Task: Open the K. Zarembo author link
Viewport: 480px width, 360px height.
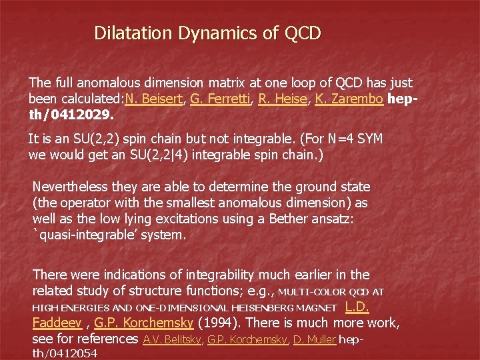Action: click(x=350, y=100)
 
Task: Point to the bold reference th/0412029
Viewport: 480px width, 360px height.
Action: click(x=71, y=115)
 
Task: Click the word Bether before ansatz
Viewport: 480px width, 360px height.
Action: click(x=290, y=219)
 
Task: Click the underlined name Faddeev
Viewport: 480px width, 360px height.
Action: click(x=57, y=323)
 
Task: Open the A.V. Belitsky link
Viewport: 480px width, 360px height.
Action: click(x=173, y=339)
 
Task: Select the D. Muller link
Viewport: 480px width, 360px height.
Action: click(x=313, y=339)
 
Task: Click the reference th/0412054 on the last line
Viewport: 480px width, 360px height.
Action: click(x=65, y=353)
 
